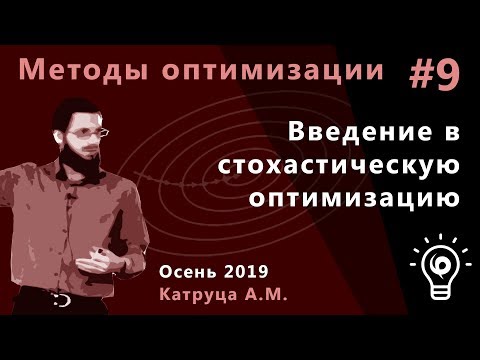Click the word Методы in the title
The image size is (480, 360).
(x=75, y=72)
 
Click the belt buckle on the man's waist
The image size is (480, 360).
(x=62, y=299)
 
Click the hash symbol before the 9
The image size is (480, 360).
(x=421, y=75)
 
